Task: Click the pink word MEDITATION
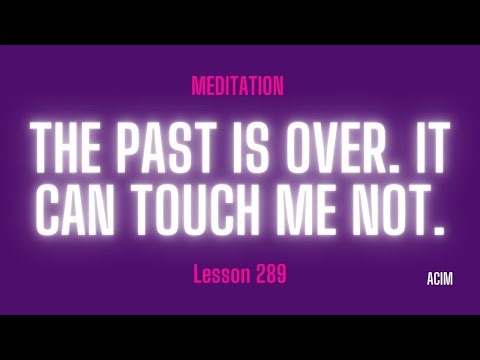click(x=237, y=87)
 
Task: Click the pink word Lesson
click(x=217, y=274)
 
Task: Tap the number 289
click(x=269, y=274)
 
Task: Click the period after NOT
click(x=440, y=228)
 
